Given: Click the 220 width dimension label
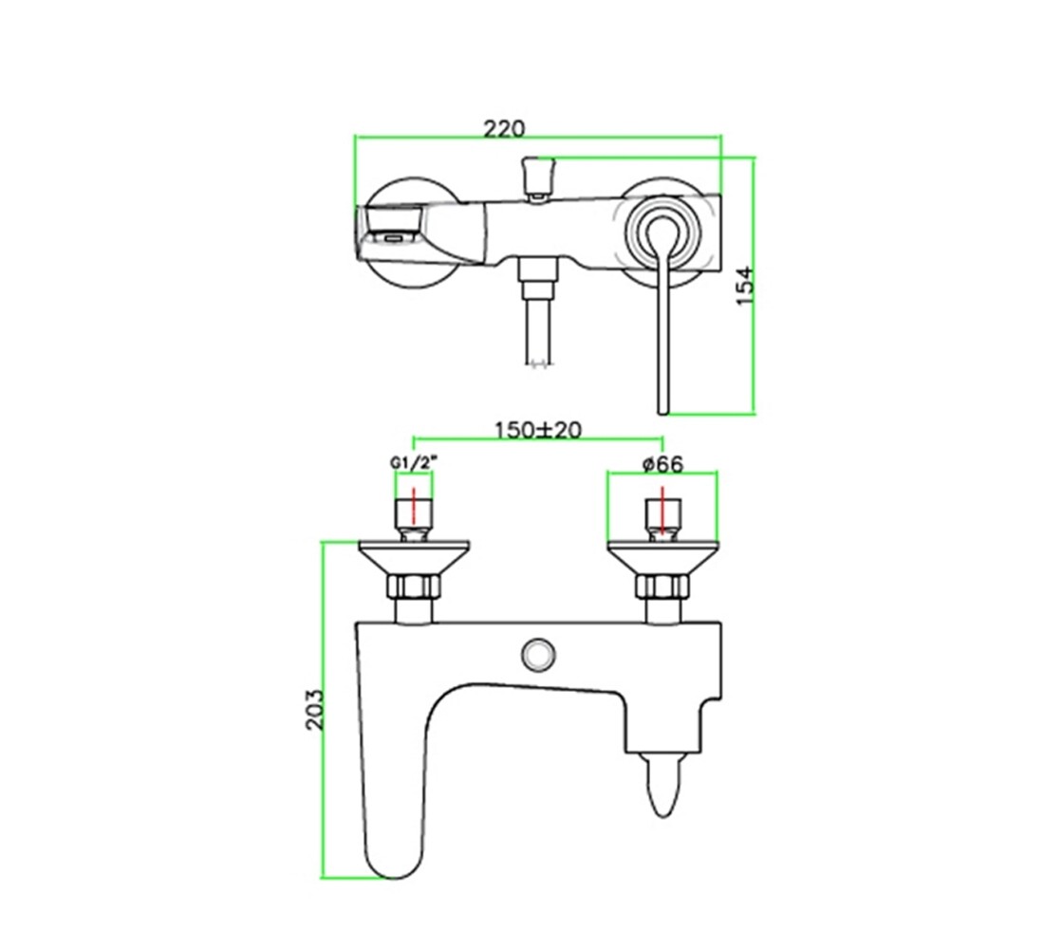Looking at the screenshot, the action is pos(504,128).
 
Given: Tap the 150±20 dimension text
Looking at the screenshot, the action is pos(538,430).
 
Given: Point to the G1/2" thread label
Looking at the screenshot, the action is pos(414,462).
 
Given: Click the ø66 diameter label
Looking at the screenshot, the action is pos(663,463).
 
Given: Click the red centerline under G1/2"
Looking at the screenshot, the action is pos(414,506).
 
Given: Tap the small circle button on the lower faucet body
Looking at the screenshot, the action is pos(539,653).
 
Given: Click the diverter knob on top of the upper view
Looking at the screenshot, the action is pos(539,177).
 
